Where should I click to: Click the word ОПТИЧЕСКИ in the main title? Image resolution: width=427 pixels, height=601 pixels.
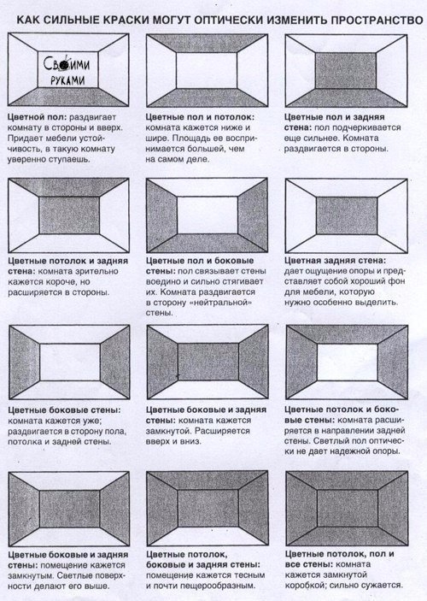(229, 21)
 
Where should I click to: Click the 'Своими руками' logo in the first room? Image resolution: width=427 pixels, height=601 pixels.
(67, 70)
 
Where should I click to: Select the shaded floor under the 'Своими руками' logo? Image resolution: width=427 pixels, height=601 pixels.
(68, 97)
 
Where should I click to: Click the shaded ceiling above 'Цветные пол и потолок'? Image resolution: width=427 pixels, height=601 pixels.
(208, 44)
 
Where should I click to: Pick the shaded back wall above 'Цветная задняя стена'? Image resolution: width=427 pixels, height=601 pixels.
(347, 215)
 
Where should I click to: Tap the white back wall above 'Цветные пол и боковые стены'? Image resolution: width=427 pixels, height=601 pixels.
(208, 215)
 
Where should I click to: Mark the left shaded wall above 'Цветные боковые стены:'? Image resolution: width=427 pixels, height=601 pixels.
(24, 362)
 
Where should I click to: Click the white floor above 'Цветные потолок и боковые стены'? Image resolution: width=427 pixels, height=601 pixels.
(347, 389)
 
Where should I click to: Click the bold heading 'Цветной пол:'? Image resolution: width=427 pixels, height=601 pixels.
(37, 118)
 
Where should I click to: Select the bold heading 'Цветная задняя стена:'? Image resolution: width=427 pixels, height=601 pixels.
(336, 261)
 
